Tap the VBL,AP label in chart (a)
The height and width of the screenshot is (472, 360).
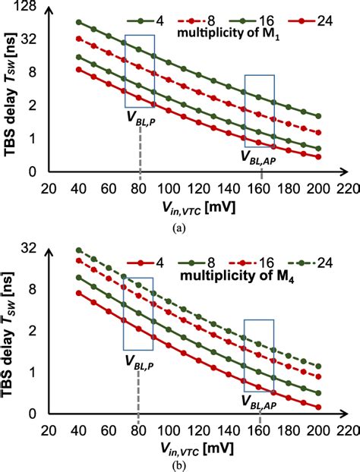tap(259, 157)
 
